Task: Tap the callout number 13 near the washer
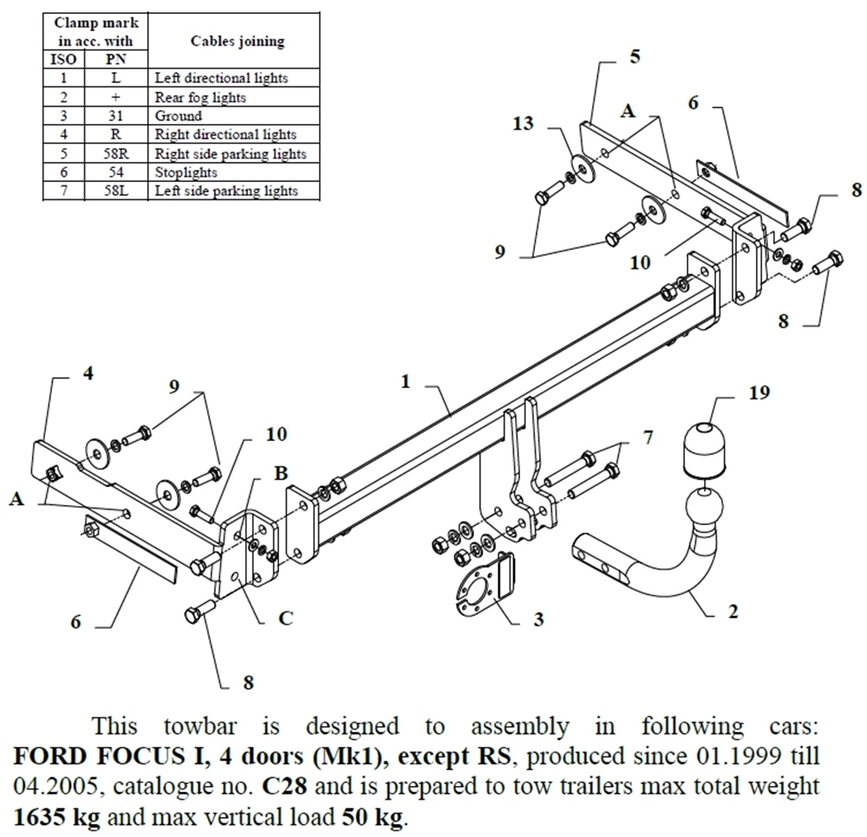pyautogui.click(x=523, y=124)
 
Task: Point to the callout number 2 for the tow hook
pyautogui.click(x=733, y=611)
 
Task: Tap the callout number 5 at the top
pyautogui.click(x=635, y=57)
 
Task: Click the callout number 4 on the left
pyautogui.click(x=88, y=374)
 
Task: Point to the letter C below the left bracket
pyautogui.click(x=285, y=618)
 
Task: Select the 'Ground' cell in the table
pyautogui.click(x=179, y=115)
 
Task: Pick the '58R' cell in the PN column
pyautogui.click(x=115, y=153)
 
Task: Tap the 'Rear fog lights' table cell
pyautogui.click(x=200, y=97)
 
